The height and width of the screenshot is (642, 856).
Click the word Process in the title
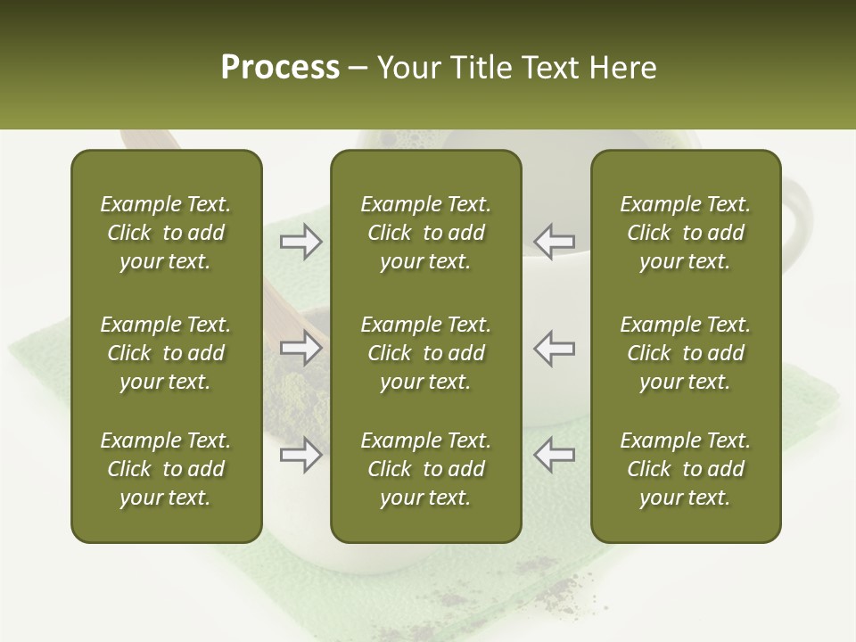pos(280,68)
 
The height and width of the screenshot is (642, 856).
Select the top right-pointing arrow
pos(301,242)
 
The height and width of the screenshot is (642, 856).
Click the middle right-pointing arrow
pos(301,349)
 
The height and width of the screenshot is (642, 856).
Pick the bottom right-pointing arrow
pos(301,456)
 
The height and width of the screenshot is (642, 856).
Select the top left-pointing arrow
pos(555,242)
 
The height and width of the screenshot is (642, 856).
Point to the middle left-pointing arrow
pos(555,349)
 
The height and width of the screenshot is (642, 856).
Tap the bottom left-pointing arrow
pos(555,456)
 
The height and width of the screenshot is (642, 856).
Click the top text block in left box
pos(166,233)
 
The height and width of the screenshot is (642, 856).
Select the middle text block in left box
pos(166,353)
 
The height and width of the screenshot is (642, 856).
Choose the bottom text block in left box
pos(166,469)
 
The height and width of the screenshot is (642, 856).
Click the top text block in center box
pos(426,233)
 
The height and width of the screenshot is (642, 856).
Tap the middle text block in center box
pos(426,353)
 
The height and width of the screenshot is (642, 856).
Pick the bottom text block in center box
pos(426,469)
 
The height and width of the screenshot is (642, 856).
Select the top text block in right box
pos(686,233)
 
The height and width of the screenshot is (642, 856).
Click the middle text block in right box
pos(686,353)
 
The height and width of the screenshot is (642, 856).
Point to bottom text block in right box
pos(686,469)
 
